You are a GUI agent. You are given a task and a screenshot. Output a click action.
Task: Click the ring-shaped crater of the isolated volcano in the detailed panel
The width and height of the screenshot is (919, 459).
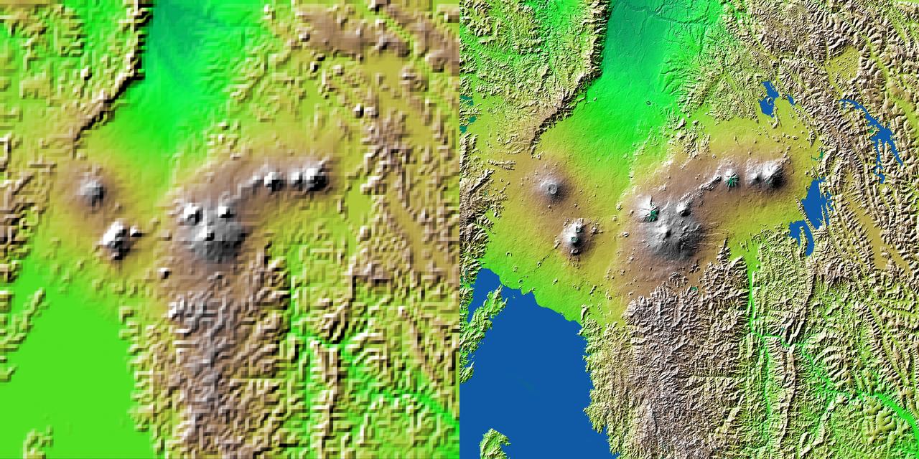pos(551,189)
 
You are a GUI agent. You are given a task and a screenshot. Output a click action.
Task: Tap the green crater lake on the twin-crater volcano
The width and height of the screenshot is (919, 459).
pos(575,230)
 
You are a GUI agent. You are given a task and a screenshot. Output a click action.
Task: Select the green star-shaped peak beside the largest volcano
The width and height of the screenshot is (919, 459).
pos(651,212)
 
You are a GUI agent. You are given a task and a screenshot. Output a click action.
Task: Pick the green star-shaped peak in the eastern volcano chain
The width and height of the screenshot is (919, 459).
pos(732,181)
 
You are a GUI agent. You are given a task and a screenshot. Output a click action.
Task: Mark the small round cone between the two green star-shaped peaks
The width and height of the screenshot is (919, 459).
pos(684,209)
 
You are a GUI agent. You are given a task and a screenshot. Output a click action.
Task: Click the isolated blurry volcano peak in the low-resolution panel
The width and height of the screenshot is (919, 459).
pos(92,190)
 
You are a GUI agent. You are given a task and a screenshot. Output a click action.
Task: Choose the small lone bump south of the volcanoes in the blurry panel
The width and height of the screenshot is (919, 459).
pos(164,272)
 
